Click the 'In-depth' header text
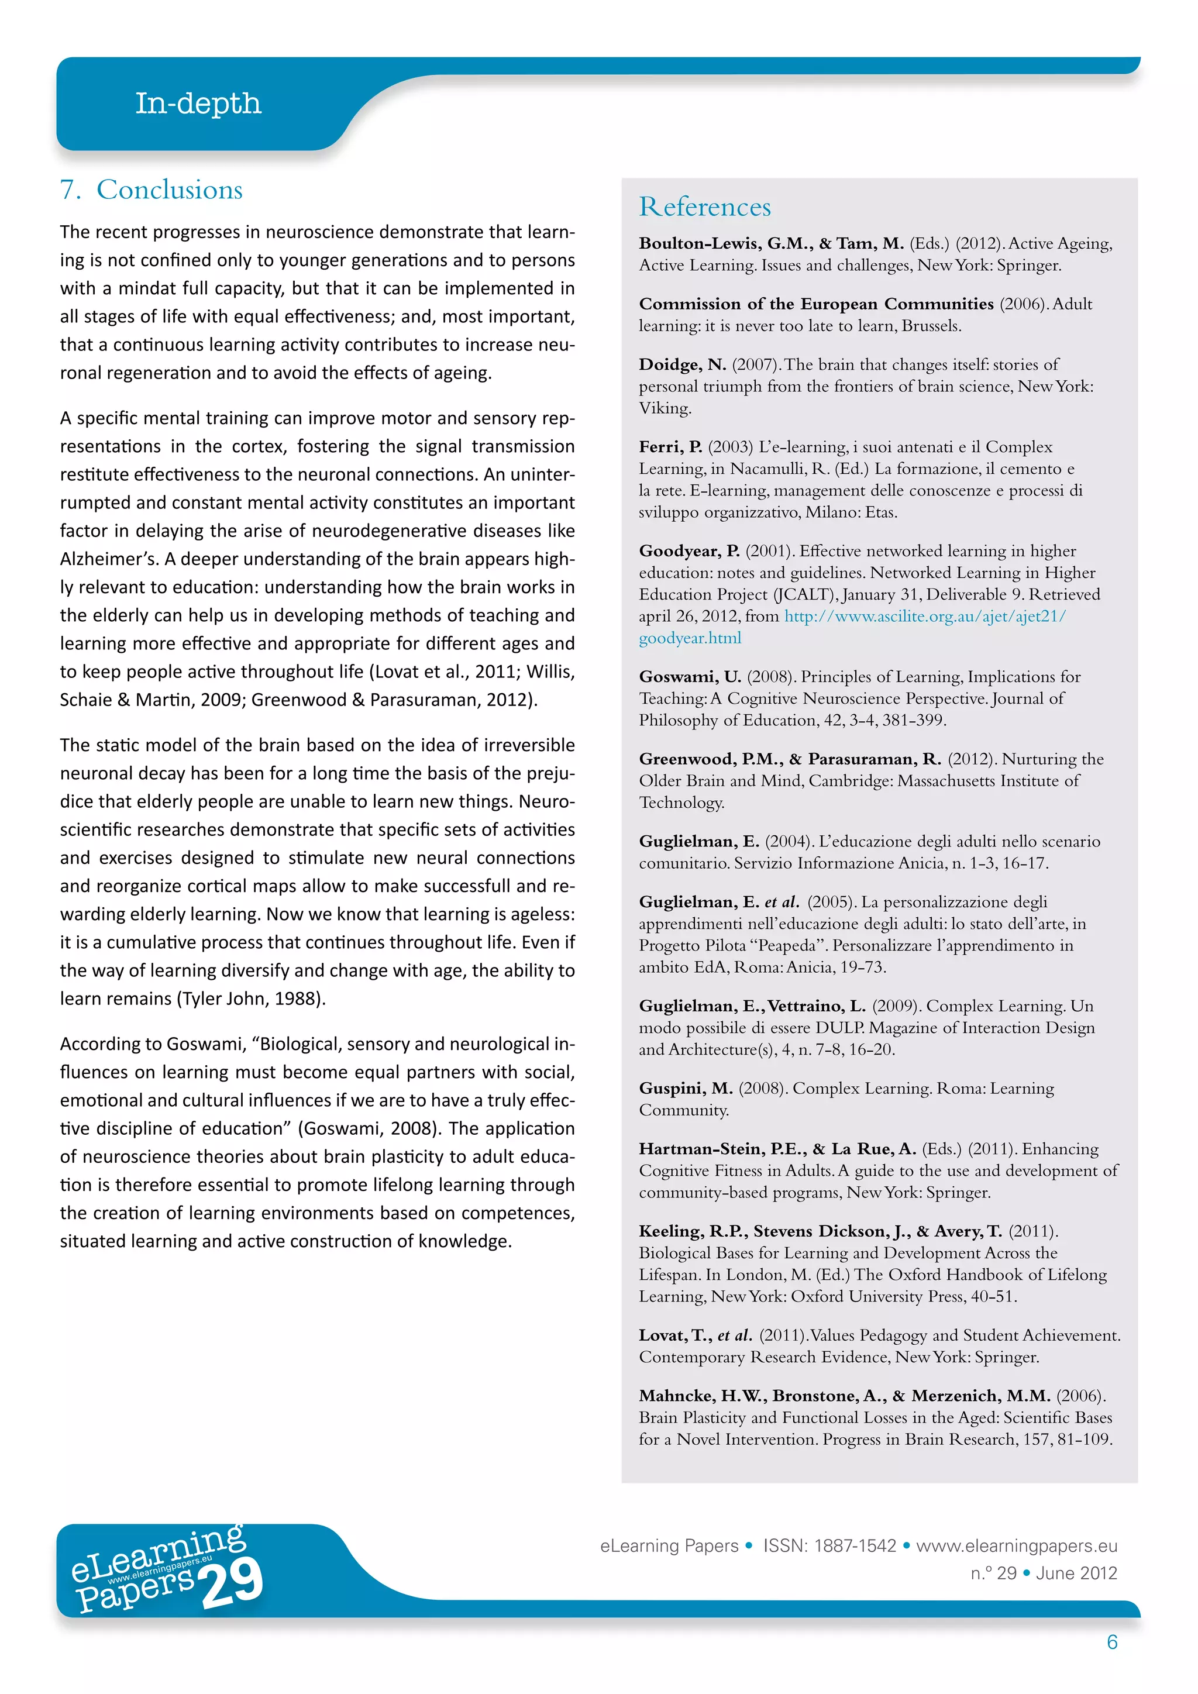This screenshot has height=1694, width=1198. [x=198, y=104]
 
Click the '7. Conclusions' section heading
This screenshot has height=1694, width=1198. [x=152, y=190]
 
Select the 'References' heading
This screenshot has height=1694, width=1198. [x=704, y=206]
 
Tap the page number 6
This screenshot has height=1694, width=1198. [x=1111, y=1641]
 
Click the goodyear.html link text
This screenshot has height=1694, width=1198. [x=690, y=638]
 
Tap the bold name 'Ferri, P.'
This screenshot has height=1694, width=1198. [x=670, y=447]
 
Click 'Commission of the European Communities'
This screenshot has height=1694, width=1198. [x=816, y=304]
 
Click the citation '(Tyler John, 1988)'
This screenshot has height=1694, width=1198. [x=250, y=999]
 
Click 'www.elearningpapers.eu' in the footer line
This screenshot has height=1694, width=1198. [x=1016, y=1545]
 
